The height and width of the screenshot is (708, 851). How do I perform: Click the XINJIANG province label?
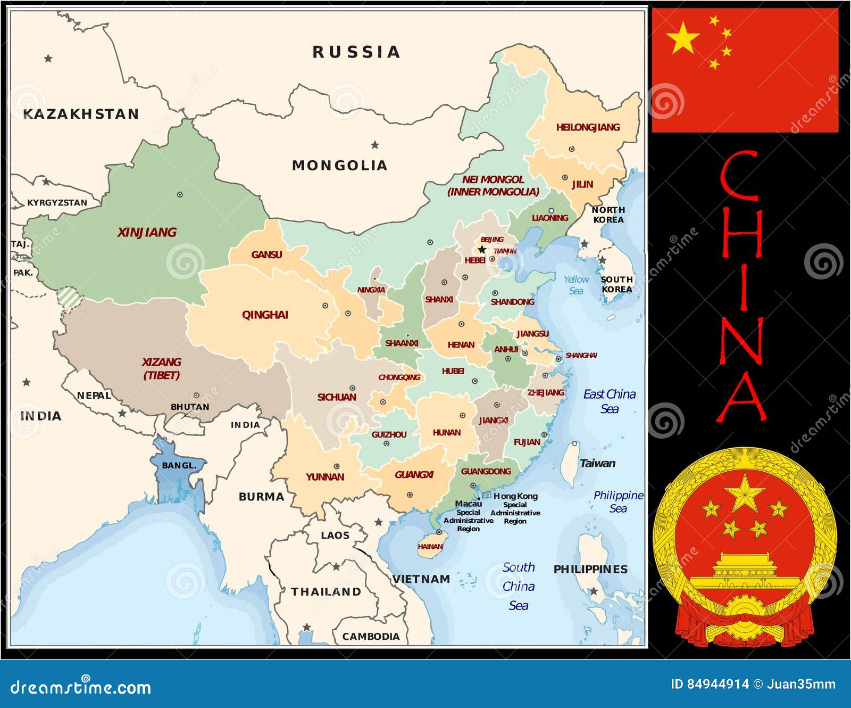147,232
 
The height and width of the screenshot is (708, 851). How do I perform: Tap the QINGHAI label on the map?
265,315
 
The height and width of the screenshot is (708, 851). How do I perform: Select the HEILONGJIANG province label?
588,127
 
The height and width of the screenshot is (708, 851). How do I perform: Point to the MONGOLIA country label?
339,166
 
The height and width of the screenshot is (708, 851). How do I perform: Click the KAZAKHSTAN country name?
81,114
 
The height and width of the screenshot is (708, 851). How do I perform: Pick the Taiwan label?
597,463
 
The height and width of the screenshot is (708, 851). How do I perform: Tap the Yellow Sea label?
576,285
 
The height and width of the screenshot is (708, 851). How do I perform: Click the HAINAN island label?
430,547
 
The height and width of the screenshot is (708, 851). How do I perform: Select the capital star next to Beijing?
482,249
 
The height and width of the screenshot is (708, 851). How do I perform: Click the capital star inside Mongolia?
375,145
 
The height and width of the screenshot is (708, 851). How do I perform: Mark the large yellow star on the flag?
682,38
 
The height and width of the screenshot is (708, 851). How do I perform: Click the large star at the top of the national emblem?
745,493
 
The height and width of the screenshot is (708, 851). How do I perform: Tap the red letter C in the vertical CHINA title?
740,175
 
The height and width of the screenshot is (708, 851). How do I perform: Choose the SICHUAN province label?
337,397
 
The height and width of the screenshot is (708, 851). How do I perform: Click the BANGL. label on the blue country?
179,465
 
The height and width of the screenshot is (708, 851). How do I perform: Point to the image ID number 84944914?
718,684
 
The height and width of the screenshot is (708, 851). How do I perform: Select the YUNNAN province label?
324,477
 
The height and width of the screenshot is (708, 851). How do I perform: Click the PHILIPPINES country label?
590,569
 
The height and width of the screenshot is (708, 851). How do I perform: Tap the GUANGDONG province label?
486,471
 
